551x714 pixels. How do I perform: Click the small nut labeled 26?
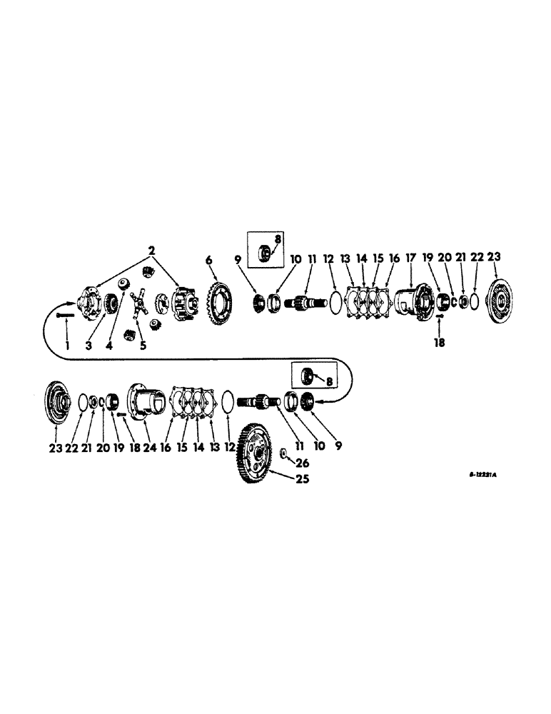284,452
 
